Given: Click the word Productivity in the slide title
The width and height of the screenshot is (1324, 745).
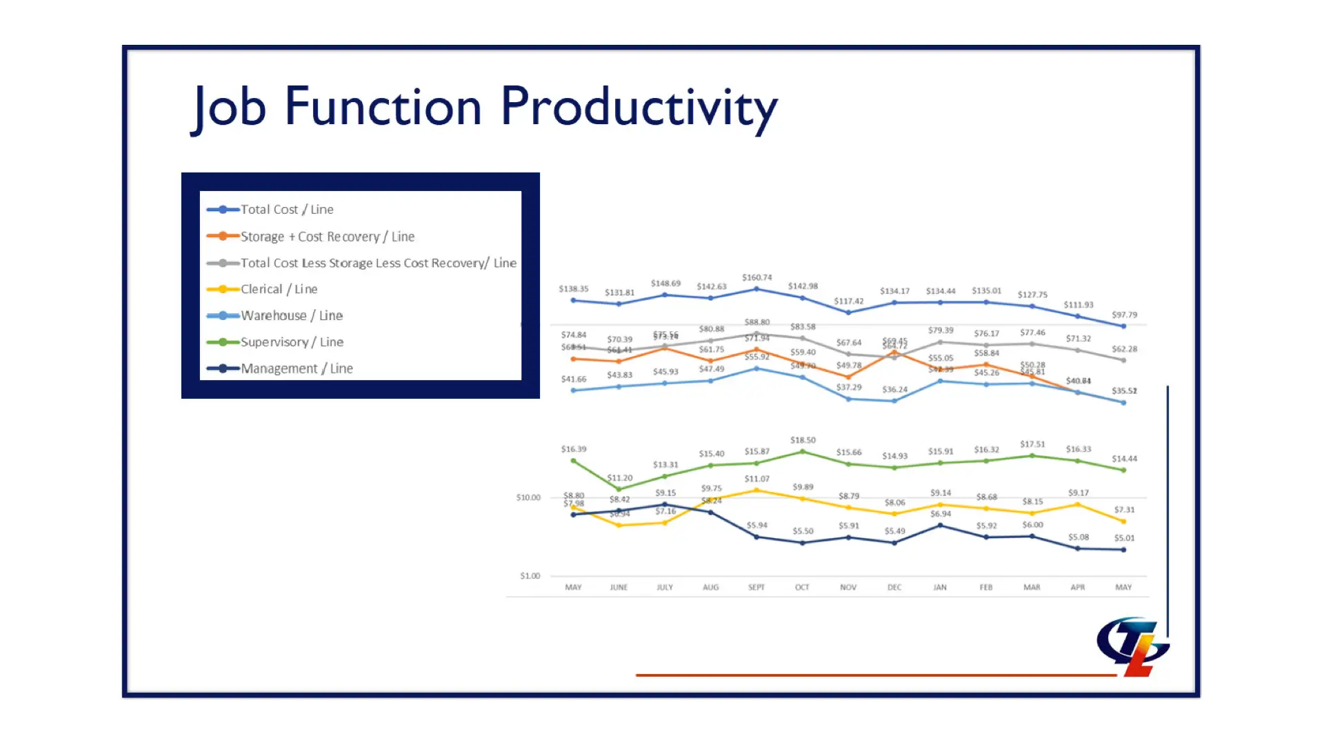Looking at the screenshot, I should [x=639, y=108].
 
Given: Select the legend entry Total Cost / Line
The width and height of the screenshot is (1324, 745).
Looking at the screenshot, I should [x=286, y=210].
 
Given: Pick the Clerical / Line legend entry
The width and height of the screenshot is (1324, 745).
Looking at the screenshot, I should [x=279, y=289].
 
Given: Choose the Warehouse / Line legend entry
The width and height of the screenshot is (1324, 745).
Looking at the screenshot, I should [x=291, y=315].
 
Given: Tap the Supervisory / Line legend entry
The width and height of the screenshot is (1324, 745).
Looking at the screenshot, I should [x=292, y=342].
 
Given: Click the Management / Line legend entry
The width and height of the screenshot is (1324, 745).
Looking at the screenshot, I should [x=297, y=368].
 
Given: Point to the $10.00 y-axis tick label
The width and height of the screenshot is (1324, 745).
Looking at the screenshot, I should [x=528, y=497].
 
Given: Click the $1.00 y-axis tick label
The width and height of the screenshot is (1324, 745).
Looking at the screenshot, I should [x=530, y=576].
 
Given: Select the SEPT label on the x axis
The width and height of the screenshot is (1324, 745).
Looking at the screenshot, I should [x=756, y=588].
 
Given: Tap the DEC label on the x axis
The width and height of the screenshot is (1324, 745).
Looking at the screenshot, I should [x=894, y=588].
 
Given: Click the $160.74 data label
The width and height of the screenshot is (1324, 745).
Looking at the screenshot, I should [x=757, y=277].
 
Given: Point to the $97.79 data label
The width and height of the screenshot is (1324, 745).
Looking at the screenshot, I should [x=1124, y=315].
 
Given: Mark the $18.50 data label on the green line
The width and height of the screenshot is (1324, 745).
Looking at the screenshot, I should [x=803, y=440].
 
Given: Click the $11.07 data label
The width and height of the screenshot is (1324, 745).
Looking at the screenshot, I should [x=757, y=479].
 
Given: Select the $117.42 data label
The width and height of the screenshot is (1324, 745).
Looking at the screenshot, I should [x=849, y=301].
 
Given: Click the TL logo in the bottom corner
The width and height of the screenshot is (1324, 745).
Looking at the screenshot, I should [x=1133, y=646].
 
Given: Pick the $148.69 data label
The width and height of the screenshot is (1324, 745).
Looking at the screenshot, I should [x=665, y=284].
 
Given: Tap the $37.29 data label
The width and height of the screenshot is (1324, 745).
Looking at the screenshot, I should [x=849, y=388].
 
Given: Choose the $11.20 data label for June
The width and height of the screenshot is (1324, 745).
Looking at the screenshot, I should [x=620, y=478].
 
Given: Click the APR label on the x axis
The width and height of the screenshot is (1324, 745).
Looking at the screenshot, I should [x=1078, y=588].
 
